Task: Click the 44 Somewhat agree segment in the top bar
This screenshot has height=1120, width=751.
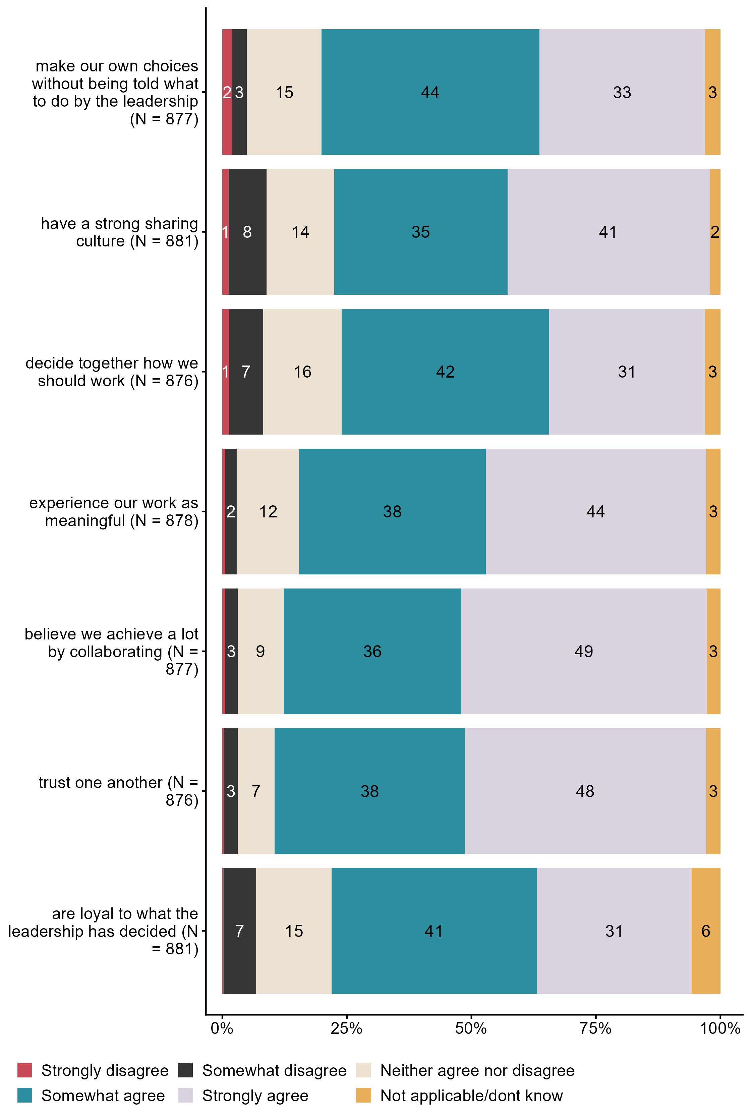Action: [x=430, y=92]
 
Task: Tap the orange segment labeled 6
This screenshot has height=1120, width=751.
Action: [x=705, y=931]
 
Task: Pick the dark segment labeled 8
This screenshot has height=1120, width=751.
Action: [x=247, y=232]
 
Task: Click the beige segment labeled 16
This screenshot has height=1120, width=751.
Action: [x=302, y=372]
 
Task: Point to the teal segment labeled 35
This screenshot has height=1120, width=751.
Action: [x=420, y=232]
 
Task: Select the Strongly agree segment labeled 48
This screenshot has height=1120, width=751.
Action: [x=585, y=791]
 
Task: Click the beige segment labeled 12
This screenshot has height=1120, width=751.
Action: [x=268, y=512]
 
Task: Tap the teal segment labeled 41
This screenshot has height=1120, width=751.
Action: [x=434, y=931]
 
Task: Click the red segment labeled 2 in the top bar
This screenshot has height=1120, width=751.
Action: [x=227, y=92]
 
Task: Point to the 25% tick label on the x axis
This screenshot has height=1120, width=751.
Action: [x=346, y=1028]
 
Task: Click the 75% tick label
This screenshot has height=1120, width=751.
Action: [x=595, y=1028]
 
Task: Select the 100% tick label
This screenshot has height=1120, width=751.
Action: [x=720, y=1028]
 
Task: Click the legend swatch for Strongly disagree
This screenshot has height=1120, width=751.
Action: [x=25, y=1070]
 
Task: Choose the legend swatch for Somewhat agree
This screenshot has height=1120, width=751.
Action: [x=25, y=1096]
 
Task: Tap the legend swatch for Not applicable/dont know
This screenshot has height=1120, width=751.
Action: [x=363, y=1096]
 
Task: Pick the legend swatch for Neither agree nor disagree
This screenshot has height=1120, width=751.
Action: [x=363, y=1070]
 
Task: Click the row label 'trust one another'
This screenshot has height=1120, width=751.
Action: [x=118, y=791]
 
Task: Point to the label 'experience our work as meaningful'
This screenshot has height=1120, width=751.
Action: [x=114, y=512]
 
